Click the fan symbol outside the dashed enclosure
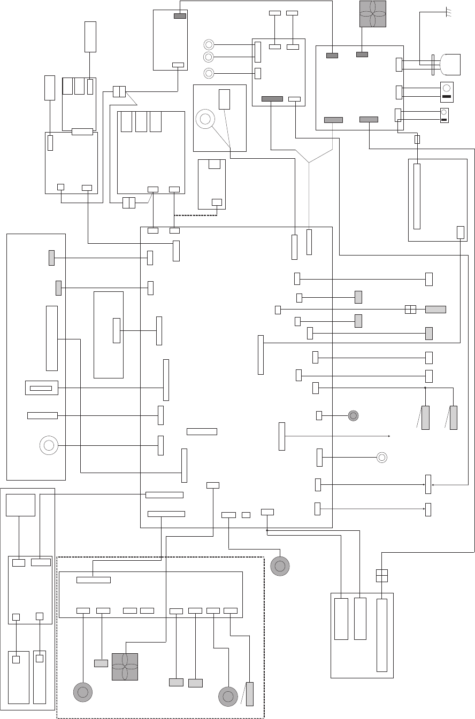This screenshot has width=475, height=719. pos(373,13)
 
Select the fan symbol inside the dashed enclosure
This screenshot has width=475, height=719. pos(125,667)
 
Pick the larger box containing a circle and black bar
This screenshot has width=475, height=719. pos(447,91)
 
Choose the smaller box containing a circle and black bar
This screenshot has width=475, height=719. pos(444,115)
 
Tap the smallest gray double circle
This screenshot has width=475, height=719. pos(353,415)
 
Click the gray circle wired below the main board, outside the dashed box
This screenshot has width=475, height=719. pos(280,566)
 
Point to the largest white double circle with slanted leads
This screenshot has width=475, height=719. pos(204,119)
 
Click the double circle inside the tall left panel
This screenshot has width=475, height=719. pos(48,445)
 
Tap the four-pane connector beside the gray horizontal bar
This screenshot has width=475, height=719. pos(410,309)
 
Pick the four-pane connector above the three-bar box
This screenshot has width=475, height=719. pos(381,575)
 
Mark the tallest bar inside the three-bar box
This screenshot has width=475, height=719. pos(381,635)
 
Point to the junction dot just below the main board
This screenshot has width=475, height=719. pos(266,530)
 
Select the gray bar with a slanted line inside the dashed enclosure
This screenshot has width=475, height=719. pos(249,694)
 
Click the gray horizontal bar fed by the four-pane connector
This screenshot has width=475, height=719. pos(435,309)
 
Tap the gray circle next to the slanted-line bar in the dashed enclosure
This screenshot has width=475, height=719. pos(228,696)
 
